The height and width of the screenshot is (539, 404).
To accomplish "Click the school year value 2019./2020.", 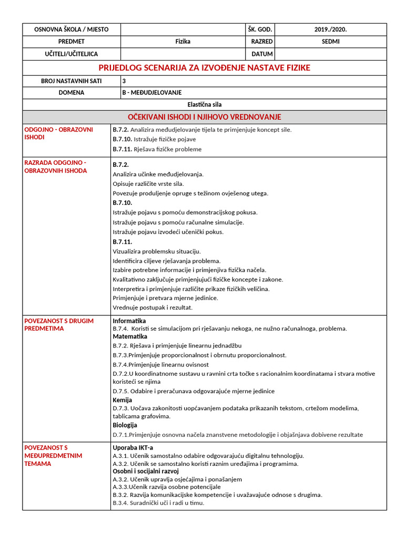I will pos(330,29).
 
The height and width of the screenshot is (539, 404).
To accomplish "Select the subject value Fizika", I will pos(183,42).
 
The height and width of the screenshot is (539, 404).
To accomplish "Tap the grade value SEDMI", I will pos(330,42).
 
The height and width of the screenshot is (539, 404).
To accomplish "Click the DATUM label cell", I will pos(262,54).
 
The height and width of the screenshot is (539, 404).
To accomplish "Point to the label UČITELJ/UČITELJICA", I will pos(72,54).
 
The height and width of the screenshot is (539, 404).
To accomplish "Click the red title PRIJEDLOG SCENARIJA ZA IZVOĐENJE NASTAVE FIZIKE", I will pos(205,68).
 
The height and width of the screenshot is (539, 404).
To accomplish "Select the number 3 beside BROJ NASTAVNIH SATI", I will pos(124,81).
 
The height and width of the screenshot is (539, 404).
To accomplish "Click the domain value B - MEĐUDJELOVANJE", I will pos(151,93).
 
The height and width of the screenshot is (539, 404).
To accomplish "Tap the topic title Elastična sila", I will pos(205,105).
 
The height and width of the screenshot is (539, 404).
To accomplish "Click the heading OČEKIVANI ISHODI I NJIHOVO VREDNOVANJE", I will pos(205,117).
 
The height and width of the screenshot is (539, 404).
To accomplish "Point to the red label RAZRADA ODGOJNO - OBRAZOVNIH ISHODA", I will pos(55,167).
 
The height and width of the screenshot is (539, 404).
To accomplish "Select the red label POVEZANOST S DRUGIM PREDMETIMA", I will pos(52,324).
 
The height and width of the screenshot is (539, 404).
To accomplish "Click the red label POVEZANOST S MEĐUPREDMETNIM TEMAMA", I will pos(53,455).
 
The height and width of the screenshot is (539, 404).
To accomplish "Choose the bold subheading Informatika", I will pos(129,321).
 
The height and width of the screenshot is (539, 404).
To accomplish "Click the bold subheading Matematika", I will pos(130,336).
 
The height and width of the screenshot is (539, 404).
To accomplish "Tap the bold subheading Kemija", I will pos(123,400).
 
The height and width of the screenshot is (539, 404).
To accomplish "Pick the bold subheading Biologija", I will pos(125,425).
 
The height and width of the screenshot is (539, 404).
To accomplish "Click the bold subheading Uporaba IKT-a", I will pos(133,447).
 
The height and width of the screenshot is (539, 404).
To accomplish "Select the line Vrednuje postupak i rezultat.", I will pos(153,307).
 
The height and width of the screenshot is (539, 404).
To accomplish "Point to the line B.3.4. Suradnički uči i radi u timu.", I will pos(158,503).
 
